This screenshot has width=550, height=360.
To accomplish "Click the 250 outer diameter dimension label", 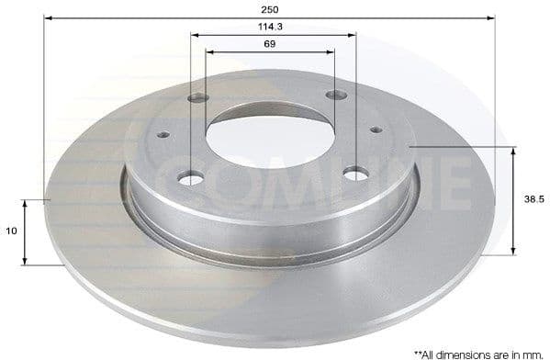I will pos(270,8).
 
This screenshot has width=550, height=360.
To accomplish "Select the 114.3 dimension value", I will pos(270,27).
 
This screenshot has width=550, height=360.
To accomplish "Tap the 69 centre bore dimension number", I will pos(270,43).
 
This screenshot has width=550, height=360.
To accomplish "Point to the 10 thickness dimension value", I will pos(10,231).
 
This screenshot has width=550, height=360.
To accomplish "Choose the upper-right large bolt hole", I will pos(337,95).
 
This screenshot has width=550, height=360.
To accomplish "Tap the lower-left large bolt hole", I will pos(190,178).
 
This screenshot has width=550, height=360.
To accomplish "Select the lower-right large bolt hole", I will pos(355,173).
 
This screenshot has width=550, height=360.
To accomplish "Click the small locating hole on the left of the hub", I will pos(163,134).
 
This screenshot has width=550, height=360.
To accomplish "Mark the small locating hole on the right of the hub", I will pos(376,129).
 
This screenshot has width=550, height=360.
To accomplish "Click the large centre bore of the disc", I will pos(270,136).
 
